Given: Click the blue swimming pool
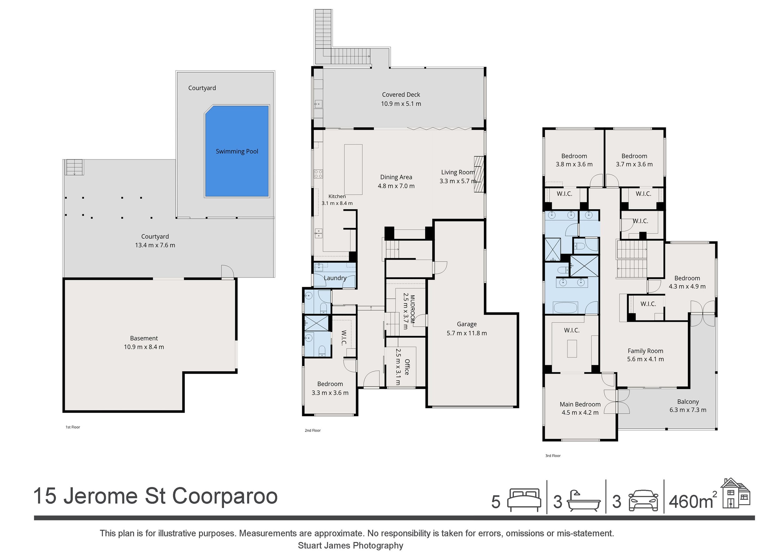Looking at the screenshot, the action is pos(237,151).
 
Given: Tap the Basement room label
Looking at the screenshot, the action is pos(144,338).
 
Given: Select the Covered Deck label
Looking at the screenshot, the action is pos(401,95).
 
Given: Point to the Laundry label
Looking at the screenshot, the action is pos(335,278).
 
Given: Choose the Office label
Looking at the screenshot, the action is pos(407,367).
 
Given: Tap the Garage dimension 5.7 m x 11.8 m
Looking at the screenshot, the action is pos(467,333).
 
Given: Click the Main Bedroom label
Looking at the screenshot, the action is pos(580,404).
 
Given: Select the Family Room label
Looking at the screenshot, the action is pos(645,351).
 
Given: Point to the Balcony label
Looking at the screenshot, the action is pos(688,402).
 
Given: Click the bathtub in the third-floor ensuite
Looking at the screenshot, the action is pos(565,307).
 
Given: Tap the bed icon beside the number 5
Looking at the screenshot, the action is pos(524,500).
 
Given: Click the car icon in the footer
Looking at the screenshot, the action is pos(643,500).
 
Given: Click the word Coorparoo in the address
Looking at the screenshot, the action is pos(225,496).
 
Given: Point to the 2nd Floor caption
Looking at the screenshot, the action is pos(313,430).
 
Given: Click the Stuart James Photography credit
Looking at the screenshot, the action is pos(351,545).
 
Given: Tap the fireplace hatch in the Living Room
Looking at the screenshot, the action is pos(479,175).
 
